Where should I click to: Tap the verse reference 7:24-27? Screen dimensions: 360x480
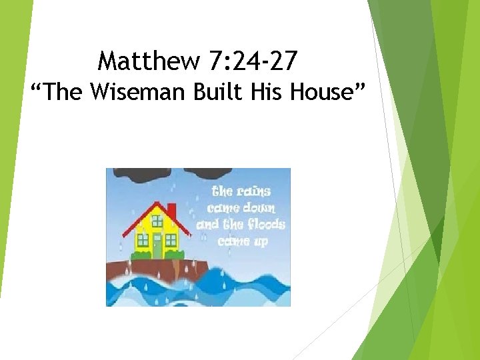tap(253, 62)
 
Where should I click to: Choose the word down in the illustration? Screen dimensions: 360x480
tap(260, 208)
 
